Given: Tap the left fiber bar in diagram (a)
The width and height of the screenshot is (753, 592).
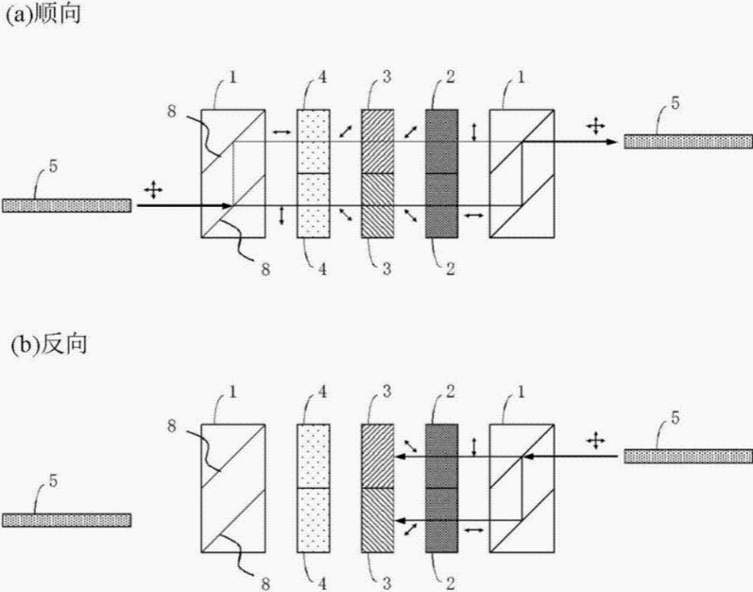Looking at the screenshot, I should click(x=66, y=205).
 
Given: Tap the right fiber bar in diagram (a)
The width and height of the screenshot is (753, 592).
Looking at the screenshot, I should click(x=685, y=141).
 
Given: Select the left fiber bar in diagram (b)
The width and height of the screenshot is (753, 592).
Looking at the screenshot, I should click(x=66, y=520).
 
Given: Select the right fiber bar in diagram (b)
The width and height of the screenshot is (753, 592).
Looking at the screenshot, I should click(x=685, y=456).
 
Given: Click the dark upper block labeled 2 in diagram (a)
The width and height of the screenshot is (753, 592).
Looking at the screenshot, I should click(x=441, y=142).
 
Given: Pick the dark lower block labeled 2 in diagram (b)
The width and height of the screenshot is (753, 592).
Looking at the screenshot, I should click(x=441, y=519).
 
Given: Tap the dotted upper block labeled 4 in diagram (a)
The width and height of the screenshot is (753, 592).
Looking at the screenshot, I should click(x=314, y=142).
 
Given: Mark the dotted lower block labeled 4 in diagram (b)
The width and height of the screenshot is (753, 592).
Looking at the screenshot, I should click(x=314, y=519).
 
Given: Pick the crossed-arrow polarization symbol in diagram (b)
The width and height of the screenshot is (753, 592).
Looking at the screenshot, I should click(x=596, y=440).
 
